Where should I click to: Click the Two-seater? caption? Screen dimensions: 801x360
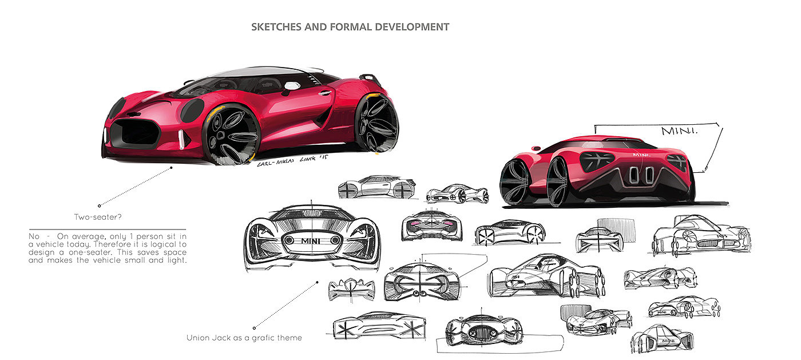coord(97,217)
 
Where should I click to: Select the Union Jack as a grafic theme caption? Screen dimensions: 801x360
coord(244,338)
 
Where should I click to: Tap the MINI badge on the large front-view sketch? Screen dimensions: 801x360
coord(312,241)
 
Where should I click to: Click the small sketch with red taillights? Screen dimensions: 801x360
coord(431,226)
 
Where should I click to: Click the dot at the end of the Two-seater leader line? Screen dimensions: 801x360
coord(99,205)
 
